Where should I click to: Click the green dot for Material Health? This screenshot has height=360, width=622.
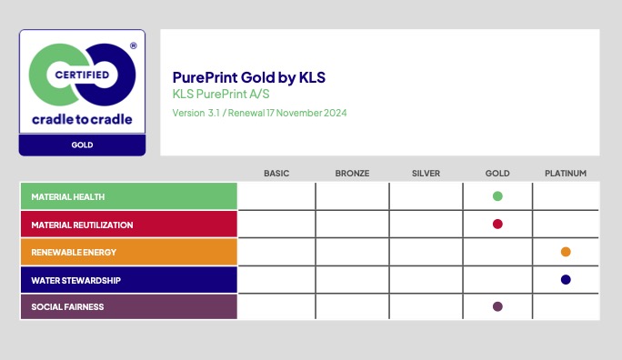pyautogui.click(x=497, y=196)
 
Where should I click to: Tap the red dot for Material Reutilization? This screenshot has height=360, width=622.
pyautogui.click(x=497, y=224)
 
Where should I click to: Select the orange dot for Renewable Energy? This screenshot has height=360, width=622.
pyautogui.click(x=566, y=252)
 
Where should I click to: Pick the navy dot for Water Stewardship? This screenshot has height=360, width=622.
pyautogui.click(x=566, y=279)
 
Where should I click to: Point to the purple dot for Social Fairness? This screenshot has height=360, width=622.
pyautogui.click(x=497, y=306)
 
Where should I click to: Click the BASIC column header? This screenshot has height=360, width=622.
pyautogui.click(x=276, y=174)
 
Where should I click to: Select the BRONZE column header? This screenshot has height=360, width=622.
pyautogui.click(x=352, y=174)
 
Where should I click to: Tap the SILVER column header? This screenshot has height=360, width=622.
pyautogui.click(x=426, y=174)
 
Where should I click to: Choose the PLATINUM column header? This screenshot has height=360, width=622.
pyautogui.click(x=566, y=174)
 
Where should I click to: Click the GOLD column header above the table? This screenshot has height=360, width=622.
pyautogui.click(x=497, y=174)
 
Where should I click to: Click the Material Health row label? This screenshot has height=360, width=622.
pyautogui.click(x=68, y=196)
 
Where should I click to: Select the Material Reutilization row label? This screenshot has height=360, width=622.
pyautogui.click(x=82, y=225)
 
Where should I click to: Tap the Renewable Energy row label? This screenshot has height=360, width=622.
pyautogui.click(x=74, y=252)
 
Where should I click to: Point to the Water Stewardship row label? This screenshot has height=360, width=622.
pyautogui.click(x=75, y=280)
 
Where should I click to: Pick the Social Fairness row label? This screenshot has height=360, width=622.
pyautogui.click(x=67, y=307)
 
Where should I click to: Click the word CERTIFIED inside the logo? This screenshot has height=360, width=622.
pyautogui.click(x=82, y=75)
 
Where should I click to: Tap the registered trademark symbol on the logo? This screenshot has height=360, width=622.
pyautogui.click(x=134, y=45)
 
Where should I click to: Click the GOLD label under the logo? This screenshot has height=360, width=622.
pyautogui.click(x=82, y=145)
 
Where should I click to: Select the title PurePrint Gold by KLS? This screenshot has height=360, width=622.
pyautogui.click(x=249, y=77)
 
